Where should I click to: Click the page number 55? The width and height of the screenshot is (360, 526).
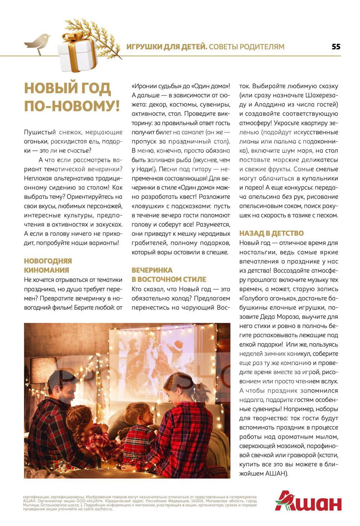pos(336,47)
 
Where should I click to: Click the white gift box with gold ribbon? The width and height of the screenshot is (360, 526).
pos(77,53)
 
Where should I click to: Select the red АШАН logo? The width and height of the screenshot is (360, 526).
pos(308,501)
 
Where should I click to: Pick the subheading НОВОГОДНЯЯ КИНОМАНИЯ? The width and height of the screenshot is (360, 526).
pos(48,266)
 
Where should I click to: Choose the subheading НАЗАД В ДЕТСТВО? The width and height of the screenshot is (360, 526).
pos(271,233)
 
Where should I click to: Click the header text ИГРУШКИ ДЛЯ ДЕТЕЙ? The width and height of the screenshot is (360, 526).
pos(167,47)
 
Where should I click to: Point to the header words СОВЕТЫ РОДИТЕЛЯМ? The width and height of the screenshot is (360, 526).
pos(247,47)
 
